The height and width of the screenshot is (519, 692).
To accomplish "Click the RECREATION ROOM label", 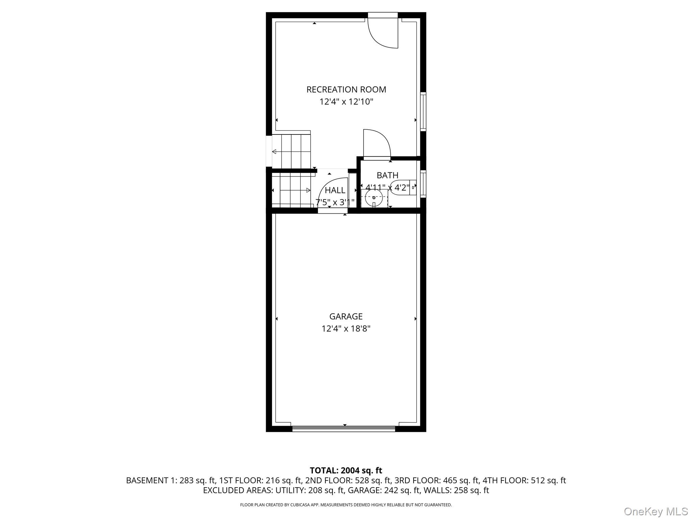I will pyautogui.click(x=346, y=90).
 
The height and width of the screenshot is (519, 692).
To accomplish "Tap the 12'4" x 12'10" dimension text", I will pyautogui.click(x=346, y=102).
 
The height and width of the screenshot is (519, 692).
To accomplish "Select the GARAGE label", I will pyautogui.click(x=346, y=317).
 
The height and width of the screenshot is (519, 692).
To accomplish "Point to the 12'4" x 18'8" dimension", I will pyautogui.click(x=346, y=329).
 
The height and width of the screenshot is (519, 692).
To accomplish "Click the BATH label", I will pyautogui.click(x=387, y=175).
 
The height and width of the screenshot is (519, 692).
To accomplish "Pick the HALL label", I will pyautogui.click(x=335, y=190).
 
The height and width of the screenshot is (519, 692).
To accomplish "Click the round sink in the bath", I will pyautogui.click(x=374, y=198).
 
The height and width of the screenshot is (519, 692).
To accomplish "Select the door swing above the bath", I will pyautogui.click(x=376, y=144).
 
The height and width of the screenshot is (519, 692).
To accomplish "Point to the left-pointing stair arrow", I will pyautogui.click(x=274, y=152).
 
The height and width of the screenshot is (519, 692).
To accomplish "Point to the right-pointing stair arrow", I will pyautogui.click(x=308, y=190).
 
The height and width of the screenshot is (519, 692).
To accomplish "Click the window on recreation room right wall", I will pyautogui.click(x=423, y=111).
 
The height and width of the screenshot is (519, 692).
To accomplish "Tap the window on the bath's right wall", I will pyautogui.click(x=423, y=183).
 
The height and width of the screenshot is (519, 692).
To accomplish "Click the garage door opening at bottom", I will pyautogui.click(x=343, y=429).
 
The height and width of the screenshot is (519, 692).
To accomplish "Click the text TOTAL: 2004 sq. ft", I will pyautogui.click(x=346, y=470).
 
